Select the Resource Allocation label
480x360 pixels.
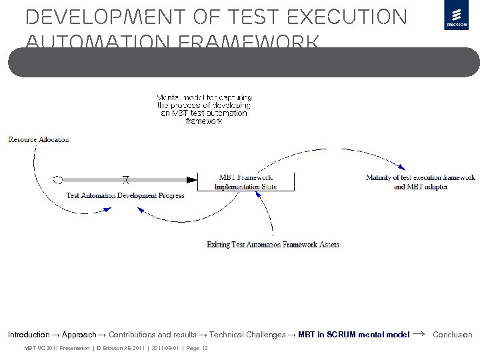[x=39, y=139]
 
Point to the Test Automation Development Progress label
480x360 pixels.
[x=125, y=195]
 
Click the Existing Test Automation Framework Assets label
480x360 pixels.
[x=273, y=245]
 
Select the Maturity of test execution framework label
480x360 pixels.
[x=420, y=177]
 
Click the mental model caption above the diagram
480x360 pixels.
[x=203, y=109]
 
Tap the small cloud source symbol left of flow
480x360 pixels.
[x=59, y=179]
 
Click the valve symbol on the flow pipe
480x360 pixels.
[x=125, y=179]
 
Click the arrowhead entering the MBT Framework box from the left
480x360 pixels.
[x=195, y=179]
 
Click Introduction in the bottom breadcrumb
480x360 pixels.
[x=29, y=335]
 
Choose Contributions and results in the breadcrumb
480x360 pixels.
[x=154, y=335]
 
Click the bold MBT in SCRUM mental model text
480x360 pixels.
[x=354, y=335]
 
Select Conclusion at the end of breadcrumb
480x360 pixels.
[x=452, y=335]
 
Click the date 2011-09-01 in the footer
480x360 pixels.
[x=165, y=349]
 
